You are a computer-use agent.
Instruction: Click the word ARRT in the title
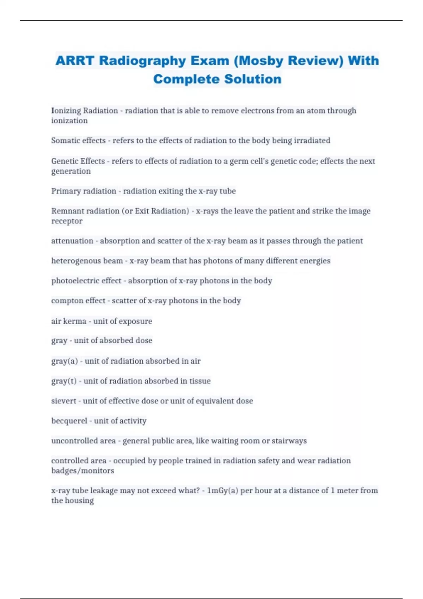pos(74,61)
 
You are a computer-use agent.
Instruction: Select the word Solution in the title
pos(253,79)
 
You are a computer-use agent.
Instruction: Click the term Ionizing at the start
pos(66,111)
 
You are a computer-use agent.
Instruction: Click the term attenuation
pos(72,241)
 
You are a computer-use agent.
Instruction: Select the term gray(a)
pos(65,361)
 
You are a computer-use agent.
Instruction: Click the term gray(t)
pos(64,381)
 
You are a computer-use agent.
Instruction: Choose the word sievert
pos(63,401)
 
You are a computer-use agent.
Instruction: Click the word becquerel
pos(69,421)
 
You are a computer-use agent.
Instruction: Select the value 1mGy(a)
pos(222,490)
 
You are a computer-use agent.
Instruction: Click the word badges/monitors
pos(82,471)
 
